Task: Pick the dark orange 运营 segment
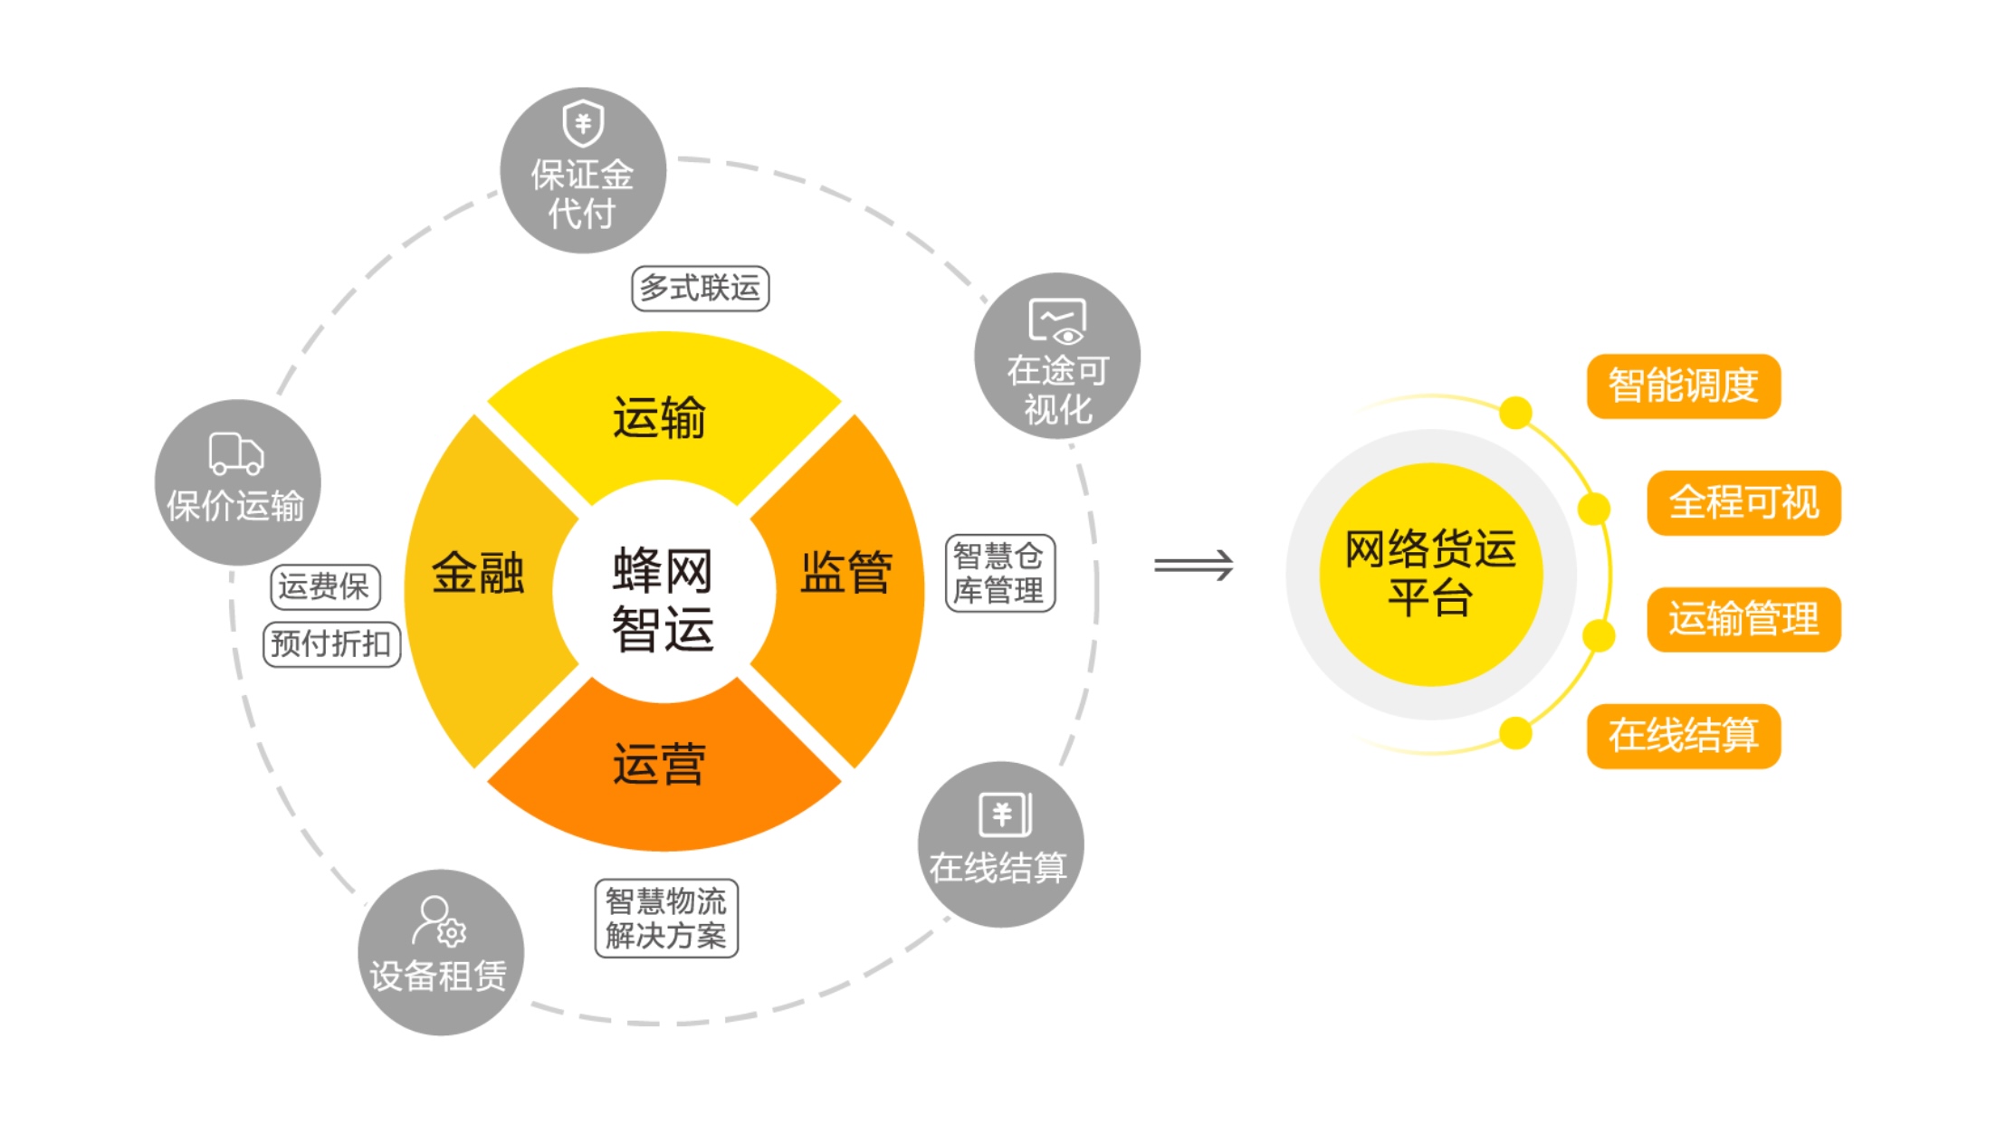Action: (661, 766)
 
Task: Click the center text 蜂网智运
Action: (664, 598)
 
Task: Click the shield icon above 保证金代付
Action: (583, 123)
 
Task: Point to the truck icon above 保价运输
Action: (235, 452)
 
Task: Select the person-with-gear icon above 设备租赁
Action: (439, 921)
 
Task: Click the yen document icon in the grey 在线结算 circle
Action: (1005, 814)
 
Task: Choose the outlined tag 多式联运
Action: (700, 289)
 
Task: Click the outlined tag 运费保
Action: (325, 586)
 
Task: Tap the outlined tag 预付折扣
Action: (331, 644)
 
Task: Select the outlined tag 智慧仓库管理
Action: (999, 573)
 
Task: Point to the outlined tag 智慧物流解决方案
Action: (666, 918)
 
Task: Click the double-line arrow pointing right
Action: (1193, 566)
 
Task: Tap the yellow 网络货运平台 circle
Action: (1430, 574)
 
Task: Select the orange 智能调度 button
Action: (1683, 386)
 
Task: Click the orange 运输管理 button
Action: (1743, 619)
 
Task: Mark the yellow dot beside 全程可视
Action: (1594, 509)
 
